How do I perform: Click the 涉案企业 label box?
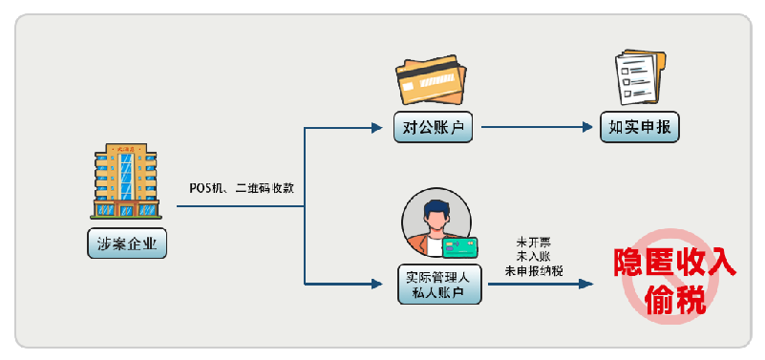(x=127, y=244)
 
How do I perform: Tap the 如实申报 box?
(x=640, y=127)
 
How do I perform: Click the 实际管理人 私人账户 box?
(x=439, y=285)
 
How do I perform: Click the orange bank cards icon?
(x=431, y=80)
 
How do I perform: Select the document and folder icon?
(x=640, y=77)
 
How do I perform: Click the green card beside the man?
(x=460, y=247)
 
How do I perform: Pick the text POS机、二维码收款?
(x=242, y=188)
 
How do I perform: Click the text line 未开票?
(x=534, y=242)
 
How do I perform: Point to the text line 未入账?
(x=534, y=257)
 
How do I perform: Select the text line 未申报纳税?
(x=534, y=271)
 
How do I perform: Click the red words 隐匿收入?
(x=673, y=264)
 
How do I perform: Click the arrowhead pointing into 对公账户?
(x=376, y=128)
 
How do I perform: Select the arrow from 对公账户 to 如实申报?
(x=537, y=127)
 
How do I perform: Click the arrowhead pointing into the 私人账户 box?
(x=376, y=284)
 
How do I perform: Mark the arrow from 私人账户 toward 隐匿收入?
(x=541, y=284)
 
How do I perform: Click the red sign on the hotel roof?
(x=126, y=148)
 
